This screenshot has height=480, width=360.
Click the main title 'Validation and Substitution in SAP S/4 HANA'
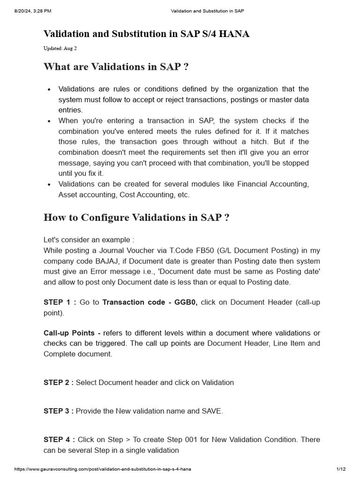(x=146, y=34)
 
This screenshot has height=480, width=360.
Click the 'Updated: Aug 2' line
(x=60, y=48)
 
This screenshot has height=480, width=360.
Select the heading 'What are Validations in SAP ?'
(x=116, y=67)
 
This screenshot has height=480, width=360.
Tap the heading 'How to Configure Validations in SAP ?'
(x=136, y=218)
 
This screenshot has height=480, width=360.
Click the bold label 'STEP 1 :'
(x=60, y=302)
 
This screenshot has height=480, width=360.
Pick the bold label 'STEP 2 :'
(x=59, y=382)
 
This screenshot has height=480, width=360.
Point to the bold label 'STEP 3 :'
(x=59, y=411)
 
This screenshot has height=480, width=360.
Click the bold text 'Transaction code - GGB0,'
(x=150, y=302)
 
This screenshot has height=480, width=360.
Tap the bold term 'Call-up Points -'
(x=72, y=333)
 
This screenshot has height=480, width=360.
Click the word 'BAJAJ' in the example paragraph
(x=107, y=261)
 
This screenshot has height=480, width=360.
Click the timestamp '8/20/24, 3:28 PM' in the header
(x=33, y=11)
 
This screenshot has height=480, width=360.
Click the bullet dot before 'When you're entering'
(x=49, y=121)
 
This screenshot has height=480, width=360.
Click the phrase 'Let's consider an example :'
(x=89, y=240)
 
